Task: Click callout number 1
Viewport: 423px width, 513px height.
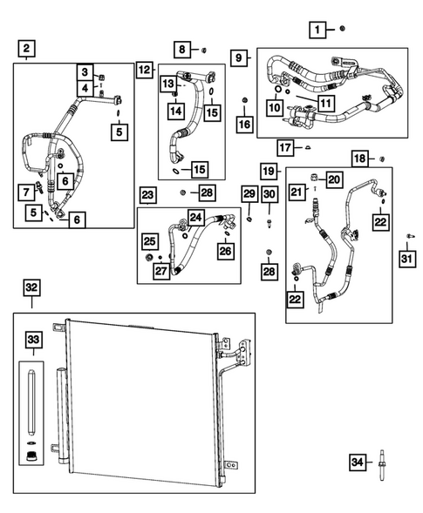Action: [318, 31]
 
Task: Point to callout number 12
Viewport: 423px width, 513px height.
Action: [144, 69]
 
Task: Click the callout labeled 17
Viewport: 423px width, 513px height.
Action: [285, 145]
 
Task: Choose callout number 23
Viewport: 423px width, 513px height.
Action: [147, 194]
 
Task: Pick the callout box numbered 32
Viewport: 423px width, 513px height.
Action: [31, 287]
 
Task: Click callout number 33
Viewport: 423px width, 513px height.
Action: [32, 339]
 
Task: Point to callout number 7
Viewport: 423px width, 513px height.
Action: [29, 191]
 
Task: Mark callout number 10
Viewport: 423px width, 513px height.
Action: [273, 107]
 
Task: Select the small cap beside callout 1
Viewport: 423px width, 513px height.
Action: [343, 30]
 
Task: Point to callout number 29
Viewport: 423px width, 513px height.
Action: [249, 194]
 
